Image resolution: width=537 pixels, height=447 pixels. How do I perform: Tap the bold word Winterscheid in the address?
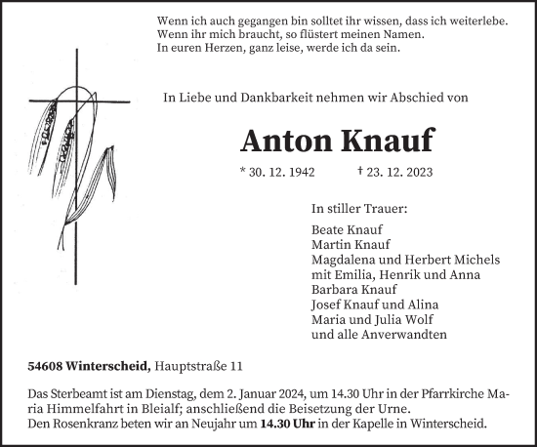[x=116, y=366]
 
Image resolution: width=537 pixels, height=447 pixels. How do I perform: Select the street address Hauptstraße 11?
[x=200, y=366]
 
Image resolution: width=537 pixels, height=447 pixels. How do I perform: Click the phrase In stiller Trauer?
[x=359, y=208]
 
